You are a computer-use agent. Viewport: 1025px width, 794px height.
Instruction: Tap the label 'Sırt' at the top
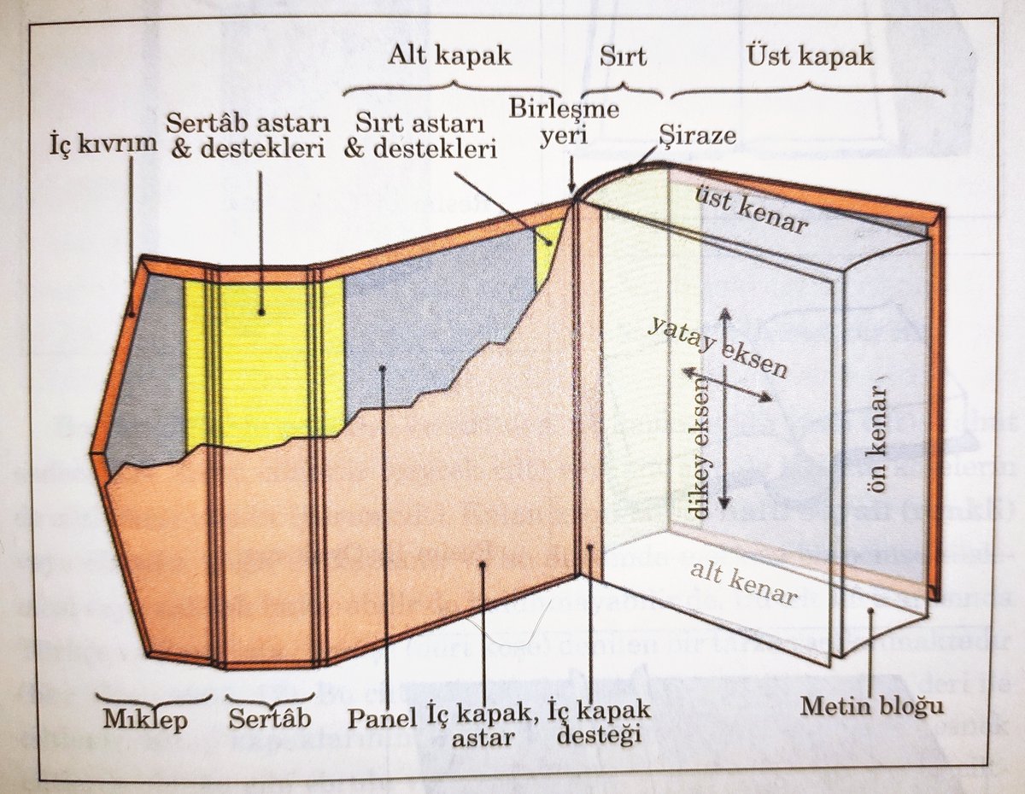[624, 58]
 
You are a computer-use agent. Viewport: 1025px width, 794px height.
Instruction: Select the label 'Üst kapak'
[809, 56]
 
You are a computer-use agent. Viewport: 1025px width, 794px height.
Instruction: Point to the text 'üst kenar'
[753, 209]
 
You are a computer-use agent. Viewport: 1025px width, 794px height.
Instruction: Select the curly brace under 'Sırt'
[623, 89]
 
